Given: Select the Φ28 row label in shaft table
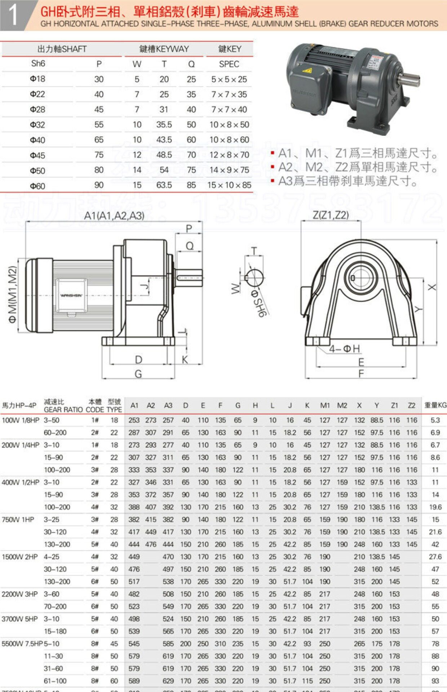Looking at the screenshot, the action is (37, 110).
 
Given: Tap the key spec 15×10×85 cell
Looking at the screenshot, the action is (229, 185).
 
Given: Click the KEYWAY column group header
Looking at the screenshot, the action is (164, 49).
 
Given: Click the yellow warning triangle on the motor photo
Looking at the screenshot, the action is (307, 70).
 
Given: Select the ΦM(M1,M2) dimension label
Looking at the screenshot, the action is (13, 294).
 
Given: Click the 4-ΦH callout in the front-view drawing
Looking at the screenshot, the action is (344, 349).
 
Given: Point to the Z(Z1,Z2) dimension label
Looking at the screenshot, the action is (331, 215).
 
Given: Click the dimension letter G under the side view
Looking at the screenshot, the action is (138, 374).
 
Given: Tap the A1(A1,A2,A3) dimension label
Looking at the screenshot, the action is (114, 216).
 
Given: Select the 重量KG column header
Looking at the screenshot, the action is (435, 405).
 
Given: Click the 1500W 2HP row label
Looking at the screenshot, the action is (19, 557).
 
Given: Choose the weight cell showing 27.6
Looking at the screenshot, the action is (435, 557).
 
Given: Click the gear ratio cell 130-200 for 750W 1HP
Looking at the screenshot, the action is (57, 545).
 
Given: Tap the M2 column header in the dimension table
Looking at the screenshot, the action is (342, 405).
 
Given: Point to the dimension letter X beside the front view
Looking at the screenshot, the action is (431, 287).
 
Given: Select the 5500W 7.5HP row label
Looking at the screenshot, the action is (22, 644).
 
